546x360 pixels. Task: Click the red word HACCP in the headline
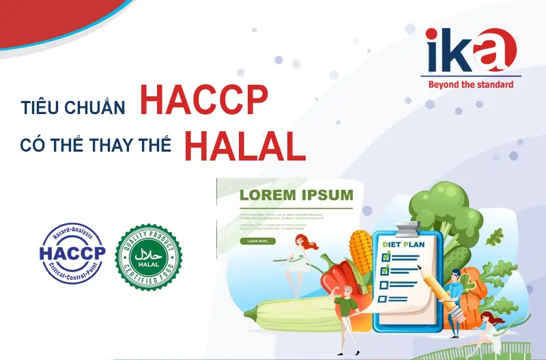[203, 101]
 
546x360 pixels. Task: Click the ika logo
[469, 52]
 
